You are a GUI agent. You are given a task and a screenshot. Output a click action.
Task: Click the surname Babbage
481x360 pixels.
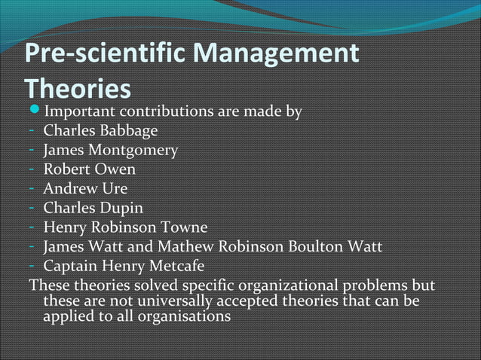127,131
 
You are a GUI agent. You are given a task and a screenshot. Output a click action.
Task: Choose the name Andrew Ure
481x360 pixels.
85,188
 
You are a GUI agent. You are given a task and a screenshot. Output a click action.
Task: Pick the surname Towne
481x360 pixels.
181,226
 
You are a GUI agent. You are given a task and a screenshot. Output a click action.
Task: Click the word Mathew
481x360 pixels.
183,246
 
